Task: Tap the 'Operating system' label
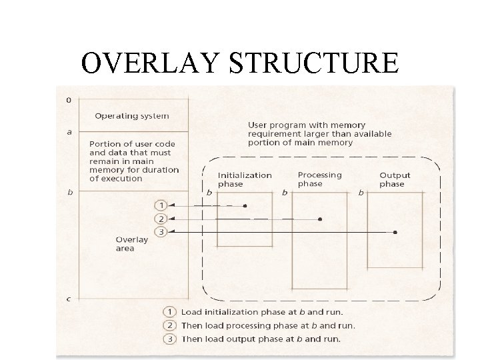tap(131, 115)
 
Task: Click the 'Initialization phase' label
tap(245, 179)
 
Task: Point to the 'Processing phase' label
tap(319, 179)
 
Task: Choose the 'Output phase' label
tap(395, 179)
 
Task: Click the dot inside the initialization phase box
tap(245, 206)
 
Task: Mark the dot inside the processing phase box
tap(320, 219)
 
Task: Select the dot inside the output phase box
tap(395, 232)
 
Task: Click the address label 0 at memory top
tap(70, 100)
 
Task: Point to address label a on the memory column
tap(70, 131)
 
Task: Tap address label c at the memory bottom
tap(70, 299)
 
